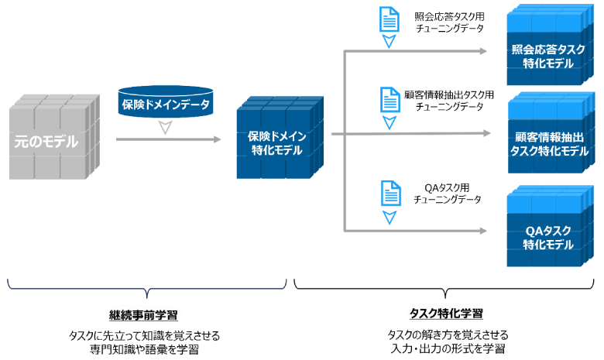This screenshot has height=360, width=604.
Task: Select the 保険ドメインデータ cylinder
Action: [164, 102]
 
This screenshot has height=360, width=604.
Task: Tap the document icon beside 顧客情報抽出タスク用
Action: [389, 100]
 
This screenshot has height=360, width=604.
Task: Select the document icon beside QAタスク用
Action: [389, 191]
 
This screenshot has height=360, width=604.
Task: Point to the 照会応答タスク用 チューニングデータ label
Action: [449, 22]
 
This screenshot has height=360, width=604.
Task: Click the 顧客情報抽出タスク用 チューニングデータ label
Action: [449, 101]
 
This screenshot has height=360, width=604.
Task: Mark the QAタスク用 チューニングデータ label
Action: [449, 193]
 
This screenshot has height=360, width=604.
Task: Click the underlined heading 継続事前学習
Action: [143, 315]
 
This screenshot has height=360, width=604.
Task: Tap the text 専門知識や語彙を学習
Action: [143, 349]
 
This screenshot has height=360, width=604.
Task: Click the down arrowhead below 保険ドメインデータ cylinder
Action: [164, 128]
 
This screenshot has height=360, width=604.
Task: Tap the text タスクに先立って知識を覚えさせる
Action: [143, 335]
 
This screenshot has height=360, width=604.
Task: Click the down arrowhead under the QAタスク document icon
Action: [389, 217]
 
